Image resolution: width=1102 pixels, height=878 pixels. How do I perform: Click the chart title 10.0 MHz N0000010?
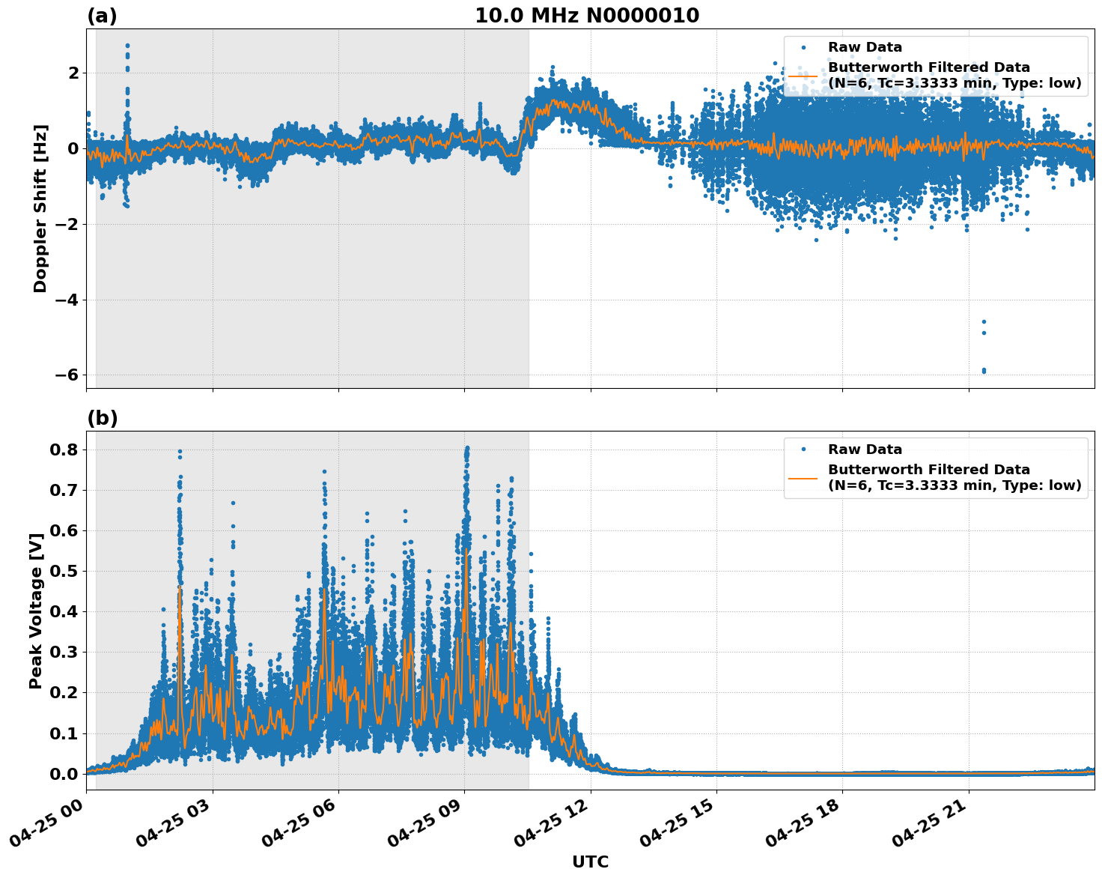point(587,16)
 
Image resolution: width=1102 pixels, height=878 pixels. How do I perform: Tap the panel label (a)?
point(102,16)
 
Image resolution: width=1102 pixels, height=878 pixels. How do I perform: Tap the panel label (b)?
point(102,418)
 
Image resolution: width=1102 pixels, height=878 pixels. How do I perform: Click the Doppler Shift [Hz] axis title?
point(40,208)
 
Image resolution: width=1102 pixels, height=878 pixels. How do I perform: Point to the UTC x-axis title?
point(590,862)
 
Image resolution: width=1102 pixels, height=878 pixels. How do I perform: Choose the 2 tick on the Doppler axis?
point(73,73)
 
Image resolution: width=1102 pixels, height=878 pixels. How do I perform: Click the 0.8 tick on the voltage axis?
point(64,449)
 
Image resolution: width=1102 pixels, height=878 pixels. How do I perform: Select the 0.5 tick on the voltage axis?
point(64,571)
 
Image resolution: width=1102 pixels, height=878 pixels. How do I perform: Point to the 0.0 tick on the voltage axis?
point(64,773)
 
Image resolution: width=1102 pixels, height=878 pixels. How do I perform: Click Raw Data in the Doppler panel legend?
point(865,48)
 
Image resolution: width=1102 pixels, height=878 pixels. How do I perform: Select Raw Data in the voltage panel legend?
point(865,450)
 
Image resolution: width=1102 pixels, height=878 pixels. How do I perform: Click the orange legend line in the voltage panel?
point(803,478)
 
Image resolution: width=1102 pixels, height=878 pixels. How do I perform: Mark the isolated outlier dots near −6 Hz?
point(984,370)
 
